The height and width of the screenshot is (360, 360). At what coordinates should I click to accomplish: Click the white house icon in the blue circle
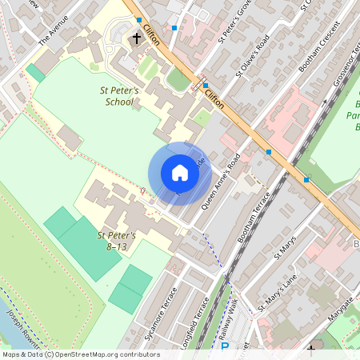click(x=180, y=173)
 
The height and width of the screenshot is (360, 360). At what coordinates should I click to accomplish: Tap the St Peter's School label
click(x=120, y=97)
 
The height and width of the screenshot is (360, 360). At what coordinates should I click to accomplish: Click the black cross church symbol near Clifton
click(x=136, y=38)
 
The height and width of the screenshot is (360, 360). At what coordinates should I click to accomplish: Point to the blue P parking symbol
click(x=224, y=347)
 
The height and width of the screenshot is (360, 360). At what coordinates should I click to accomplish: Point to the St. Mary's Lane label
click(x=278, y=295)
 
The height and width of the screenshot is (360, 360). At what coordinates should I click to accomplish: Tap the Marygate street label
click(x=339, y=306)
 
